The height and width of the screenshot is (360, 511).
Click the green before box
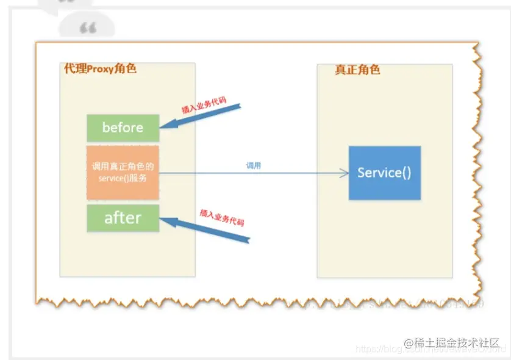tap(123, 128)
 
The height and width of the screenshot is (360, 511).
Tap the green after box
tap(123, 218)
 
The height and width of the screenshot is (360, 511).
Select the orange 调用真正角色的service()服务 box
tap(123, 172)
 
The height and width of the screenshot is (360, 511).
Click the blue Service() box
tap(384, 173)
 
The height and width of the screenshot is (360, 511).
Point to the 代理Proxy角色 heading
tap(100, 68)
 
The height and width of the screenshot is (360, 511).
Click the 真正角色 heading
tap(357, 70)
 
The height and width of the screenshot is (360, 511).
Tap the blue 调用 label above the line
tap(254, 165)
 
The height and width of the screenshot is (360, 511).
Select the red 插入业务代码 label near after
tap(222, 217)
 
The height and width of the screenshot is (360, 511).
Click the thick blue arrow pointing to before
tap(201, 117)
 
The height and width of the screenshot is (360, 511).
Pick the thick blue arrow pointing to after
tap(207, 232)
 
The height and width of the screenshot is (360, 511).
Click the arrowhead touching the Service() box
tap(345, 173)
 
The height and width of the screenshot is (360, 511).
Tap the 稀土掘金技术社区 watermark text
tap(455, 342)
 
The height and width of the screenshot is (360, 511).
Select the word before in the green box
tap(123, 128)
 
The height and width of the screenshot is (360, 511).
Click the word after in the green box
tap(123, 218)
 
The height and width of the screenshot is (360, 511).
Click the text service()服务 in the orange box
tap(122, 178)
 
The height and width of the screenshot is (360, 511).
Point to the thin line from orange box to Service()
tap(250, 173)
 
